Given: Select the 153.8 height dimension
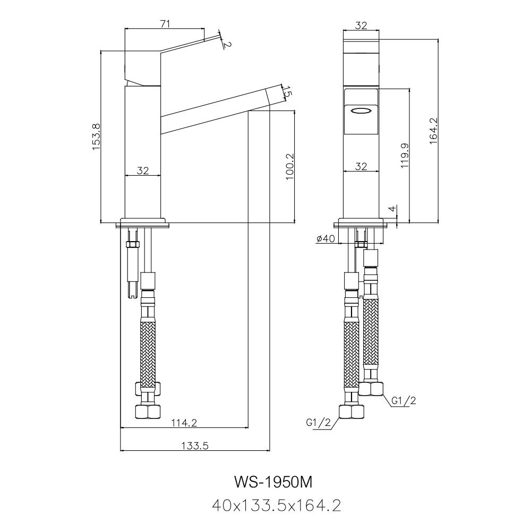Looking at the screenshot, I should click(x=97, y=137).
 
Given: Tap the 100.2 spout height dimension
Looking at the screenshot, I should click(x=289, y=167).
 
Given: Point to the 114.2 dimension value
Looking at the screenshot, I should click(x=184, y=423).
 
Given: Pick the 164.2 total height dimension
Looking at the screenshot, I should click(x=433, y=131).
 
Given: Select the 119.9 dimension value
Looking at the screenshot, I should click(x=405, y=156).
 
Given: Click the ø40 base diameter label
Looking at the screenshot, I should click(x=324, y=239).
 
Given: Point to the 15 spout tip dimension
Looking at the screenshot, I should click(x=287, y=92).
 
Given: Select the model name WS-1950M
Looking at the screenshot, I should click(x=273, y=482).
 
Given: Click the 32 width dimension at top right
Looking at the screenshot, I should click(x=361, y=25).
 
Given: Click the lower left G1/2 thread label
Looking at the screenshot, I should click(x=319, y=423).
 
